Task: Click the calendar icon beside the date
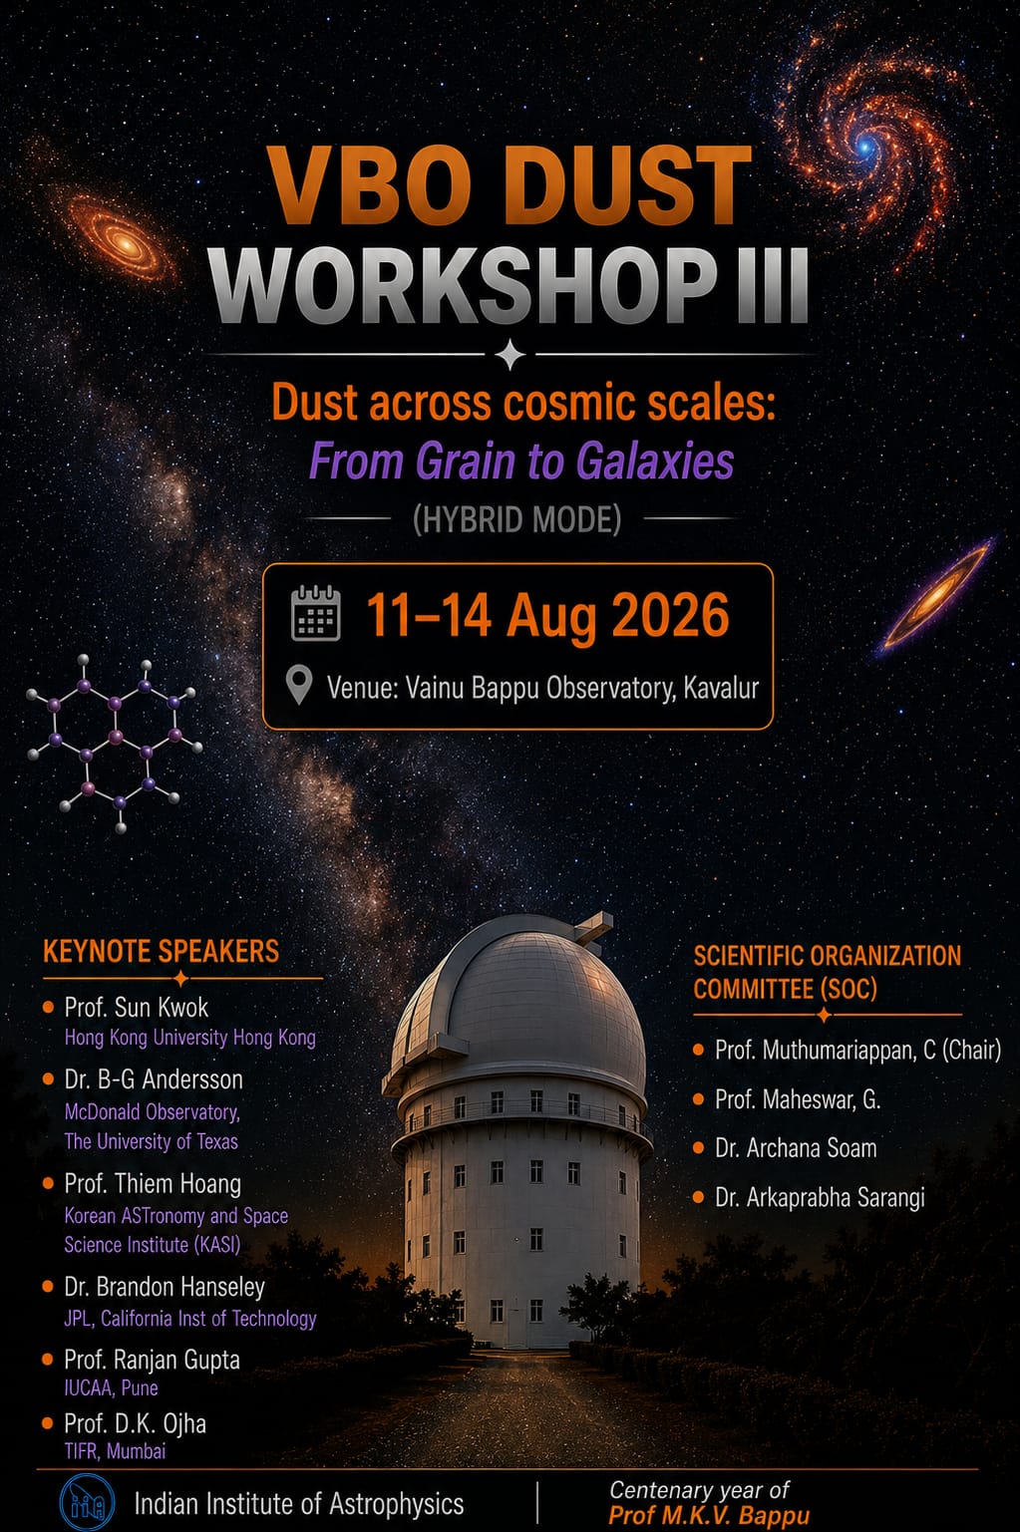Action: click(315, 613)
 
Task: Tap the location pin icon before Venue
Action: click(299, 685)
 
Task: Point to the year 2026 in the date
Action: click(670, 615)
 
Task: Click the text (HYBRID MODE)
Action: click(517, 519)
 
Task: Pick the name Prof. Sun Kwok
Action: click(137, 1008)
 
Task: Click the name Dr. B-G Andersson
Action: click(154, 1079)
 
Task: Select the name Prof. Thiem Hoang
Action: click(153, 1184)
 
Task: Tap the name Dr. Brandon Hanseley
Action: click(165, 1287)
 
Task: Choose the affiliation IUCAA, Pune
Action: click(111, 1387)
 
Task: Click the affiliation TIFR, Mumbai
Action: click(115, 1451)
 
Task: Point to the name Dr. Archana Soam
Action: click(796, 1148)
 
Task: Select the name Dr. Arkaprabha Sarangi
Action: click(820, 1197)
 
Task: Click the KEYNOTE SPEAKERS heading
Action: click(161, 951)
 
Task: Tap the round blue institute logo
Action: click(87, 1502)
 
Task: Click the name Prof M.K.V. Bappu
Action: click(709, 1516)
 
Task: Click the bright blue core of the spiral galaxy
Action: click(866, 147)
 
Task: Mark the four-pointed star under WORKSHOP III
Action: click(510, 354)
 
